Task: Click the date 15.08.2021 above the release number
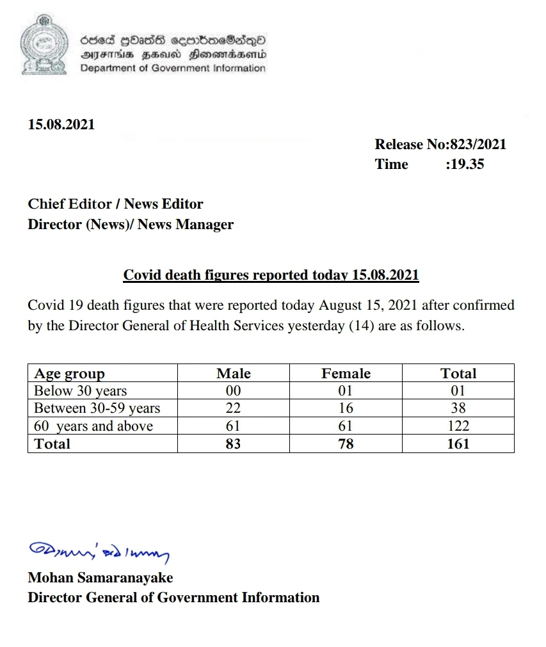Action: click(x=61, y=125)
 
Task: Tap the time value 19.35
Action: click(x=467, y=164)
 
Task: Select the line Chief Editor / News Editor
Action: click(x=115, y=204)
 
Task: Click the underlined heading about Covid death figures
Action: click(x=271, y=275)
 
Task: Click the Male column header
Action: click(x=234, y=374)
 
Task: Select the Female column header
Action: click(x=346, y=374)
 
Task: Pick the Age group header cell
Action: click(x=69, y=374)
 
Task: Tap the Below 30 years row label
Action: click(x=81, y=391)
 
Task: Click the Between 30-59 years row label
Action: click(x=97, y=408)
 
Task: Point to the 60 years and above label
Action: click(x=93, y=426)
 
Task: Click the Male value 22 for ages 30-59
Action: click(x=234, y=408)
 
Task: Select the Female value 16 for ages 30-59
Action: click(x=346, y=408)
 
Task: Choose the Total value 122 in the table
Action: click(x=458, y=426)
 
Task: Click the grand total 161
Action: click(x=458, y=443)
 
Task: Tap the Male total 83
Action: click(x=234, y=443)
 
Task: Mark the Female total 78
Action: click(x=346, y=443)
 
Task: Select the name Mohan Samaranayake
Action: click(x=100, y=578)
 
